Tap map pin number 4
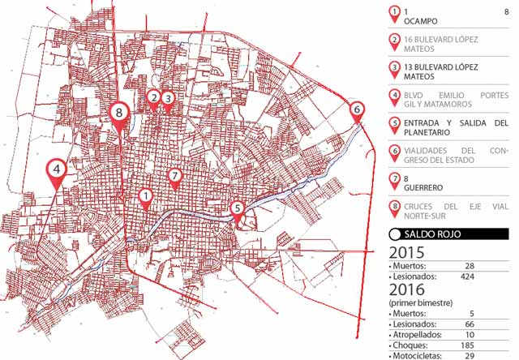coord(56,170)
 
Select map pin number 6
coord(358,109)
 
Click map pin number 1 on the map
coord(145,195)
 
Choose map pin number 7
coord(174,176)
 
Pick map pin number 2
coord(152,98)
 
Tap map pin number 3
coord(168,99)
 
